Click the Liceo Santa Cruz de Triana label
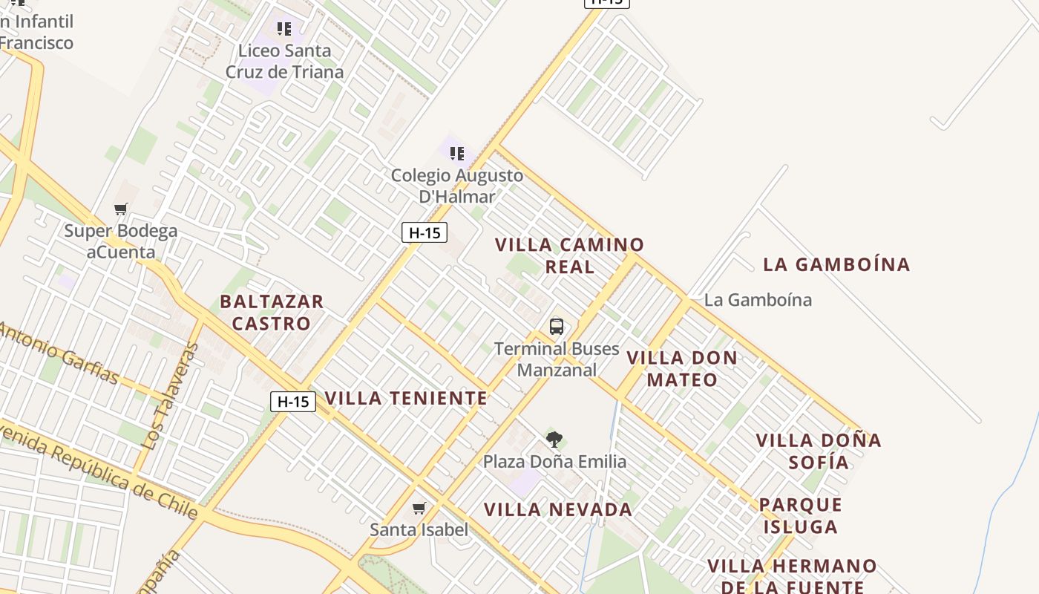pyautogui.click(x=284, y=62)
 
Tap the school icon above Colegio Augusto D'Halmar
pyautogui.click(x=457, y=154)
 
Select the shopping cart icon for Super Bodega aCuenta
pyautogui.click(x=121, y=209)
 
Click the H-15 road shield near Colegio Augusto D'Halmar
pyautogui.click(x=425, y=232)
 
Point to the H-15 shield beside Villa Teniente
pyautogui.click(x=292, y=402)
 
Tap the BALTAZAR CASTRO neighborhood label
pyautogui.click(x=272, y=313)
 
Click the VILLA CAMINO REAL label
pyautogui.click(x=570, y=255)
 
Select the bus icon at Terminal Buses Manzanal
pyautogui.click(x=556, y=326)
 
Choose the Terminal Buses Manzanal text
pyautogui.click(x=557, y=359)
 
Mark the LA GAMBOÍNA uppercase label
pyautogui.click(x=836, y=264)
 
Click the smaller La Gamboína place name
pyautogui.click(x=758, y=300)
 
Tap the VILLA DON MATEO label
pyautogui.click(x=682, y=369)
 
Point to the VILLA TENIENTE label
pyautogui.click(x=406, y=398)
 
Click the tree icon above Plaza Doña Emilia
pyautogui.click(x=554, y=440)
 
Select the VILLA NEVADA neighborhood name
pyautogui.click(x=558, y=510)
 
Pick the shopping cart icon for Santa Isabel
pyautogui.click(x=419, y=509)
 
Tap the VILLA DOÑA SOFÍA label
pyautogui.click(x=819, y=451)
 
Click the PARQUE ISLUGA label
pyautogui.click(x=801, y=516)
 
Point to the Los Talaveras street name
pyautogui.click(x=171, y=396)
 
